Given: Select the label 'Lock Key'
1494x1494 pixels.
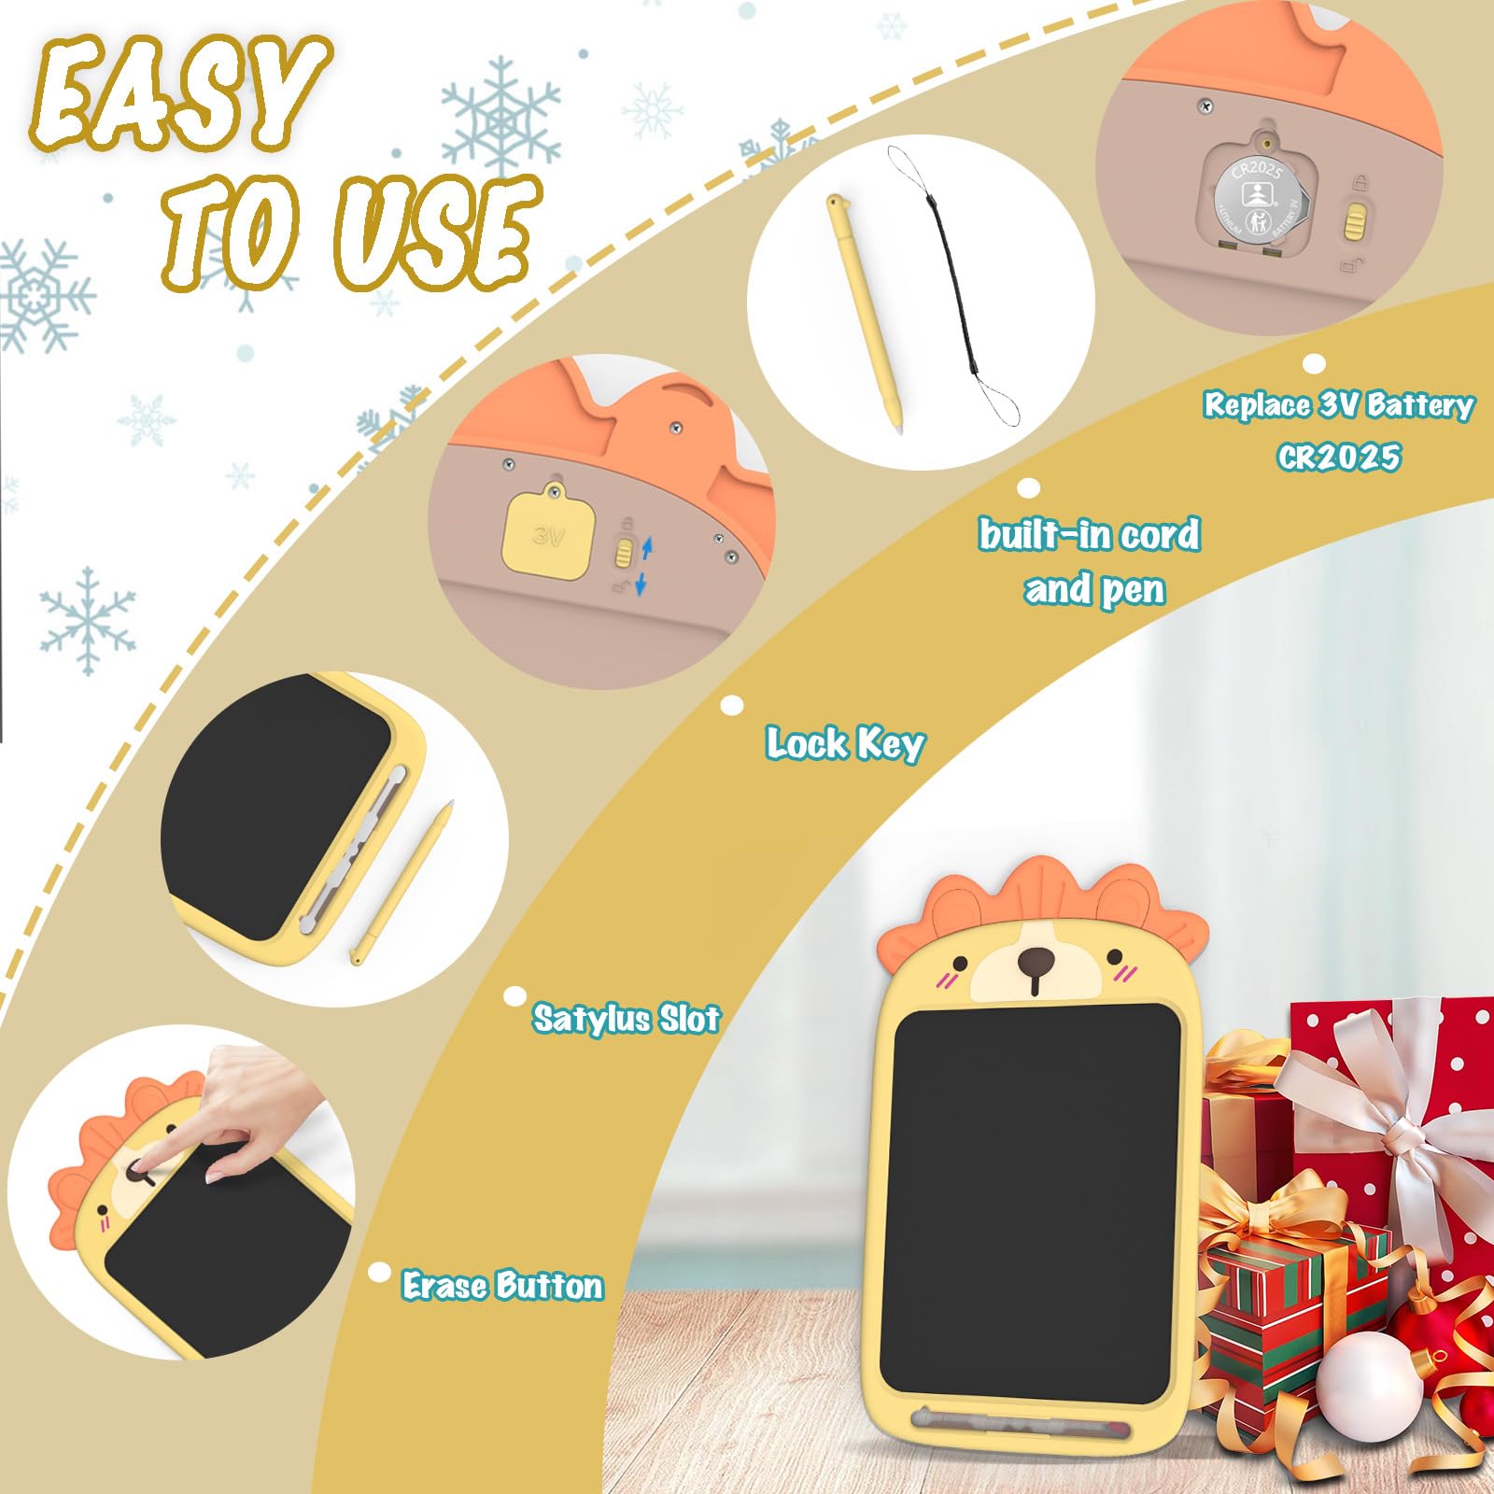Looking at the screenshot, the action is [845, 744].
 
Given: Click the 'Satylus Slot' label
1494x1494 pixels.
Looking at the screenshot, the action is [627, 1018].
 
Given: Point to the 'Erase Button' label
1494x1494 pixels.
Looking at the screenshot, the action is [502, 1286].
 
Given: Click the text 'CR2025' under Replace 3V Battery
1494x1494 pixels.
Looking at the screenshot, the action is [1339, 457].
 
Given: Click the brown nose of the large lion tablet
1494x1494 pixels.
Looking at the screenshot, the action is [1036, 961].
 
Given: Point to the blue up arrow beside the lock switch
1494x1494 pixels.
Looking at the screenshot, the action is [647, 547].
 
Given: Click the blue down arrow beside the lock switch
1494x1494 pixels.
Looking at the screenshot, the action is [641, 585].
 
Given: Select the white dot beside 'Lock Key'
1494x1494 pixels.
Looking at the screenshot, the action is [733, 705].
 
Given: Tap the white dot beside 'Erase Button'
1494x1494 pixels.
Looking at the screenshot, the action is [379, 1272].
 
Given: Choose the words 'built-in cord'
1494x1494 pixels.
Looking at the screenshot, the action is [1089, 535].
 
